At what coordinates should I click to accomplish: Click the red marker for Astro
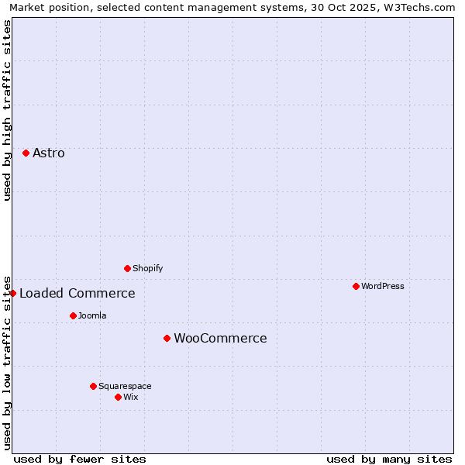26,153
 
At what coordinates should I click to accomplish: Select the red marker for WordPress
356,286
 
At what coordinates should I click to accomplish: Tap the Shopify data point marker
127,268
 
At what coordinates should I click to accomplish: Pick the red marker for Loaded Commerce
12,293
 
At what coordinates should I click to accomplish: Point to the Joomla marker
73,315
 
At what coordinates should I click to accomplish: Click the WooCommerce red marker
167,338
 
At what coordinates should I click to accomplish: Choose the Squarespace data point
93,386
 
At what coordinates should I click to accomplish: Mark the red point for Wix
118,397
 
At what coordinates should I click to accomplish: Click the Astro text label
49,153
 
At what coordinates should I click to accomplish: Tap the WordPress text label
383,286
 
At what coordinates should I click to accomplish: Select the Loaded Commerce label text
77,293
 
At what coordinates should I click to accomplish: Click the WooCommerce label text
220,338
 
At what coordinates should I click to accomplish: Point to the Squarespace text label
125,386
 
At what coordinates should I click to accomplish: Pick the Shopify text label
147,268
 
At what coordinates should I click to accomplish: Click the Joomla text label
92,315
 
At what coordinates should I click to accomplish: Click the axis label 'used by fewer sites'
80,459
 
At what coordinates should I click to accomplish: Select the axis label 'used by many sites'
389,459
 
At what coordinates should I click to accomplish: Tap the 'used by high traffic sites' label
7,110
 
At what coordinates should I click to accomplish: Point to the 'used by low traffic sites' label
7,362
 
